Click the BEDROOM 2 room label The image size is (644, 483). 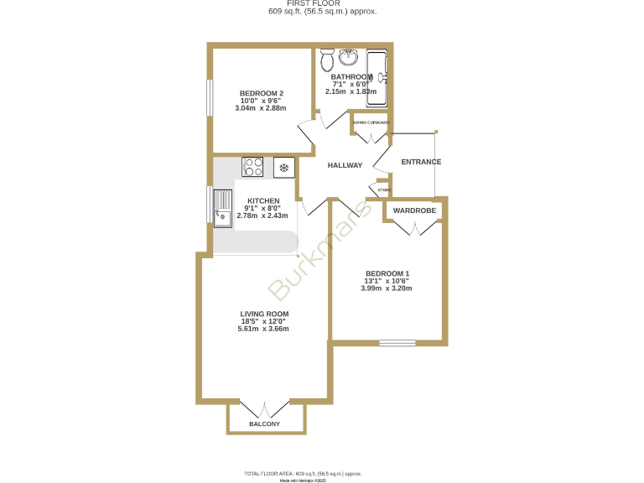tap(261, 93)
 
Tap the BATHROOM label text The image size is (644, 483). tap(351, 77)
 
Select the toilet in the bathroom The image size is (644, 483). tap(327, 60)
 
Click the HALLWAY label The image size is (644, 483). tap(345, 165)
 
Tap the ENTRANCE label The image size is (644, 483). tap(421, 162)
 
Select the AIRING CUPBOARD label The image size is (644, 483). tap(371, 122)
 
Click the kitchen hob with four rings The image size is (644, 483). tap(253, 168)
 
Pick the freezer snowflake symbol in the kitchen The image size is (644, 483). tap(284, 168)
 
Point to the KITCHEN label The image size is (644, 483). tap(262, 201)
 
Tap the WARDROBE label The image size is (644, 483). tap(414, 210)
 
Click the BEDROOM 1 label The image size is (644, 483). tap(387, 273)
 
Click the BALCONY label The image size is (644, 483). tap(264, 425)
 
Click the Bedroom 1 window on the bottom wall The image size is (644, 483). tap(397, 342)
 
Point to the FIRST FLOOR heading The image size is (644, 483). tap(322, 4)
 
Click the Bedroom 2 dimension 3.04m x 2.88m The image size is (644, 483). tap(261, 108)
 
